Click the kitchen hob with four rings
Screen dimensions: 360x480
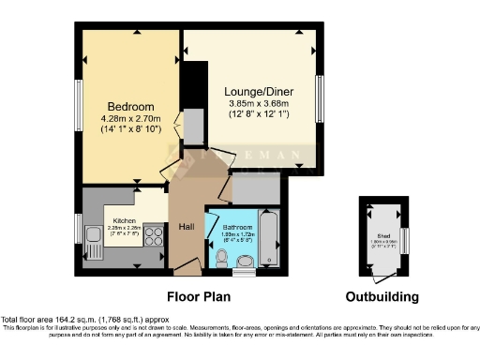(x=154, y=238)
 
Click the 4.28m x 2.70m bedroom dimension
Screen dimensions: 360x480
(x=130, y=119)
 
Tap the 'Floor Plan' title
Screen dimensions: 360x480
(x=199, y=297)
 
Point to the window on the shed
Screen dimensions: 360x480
(x=405, y=240)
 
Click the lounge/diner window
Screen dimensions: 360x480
(x=322, y=97)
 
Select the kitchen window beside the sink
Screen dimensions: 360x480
(x=78, y=229)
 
